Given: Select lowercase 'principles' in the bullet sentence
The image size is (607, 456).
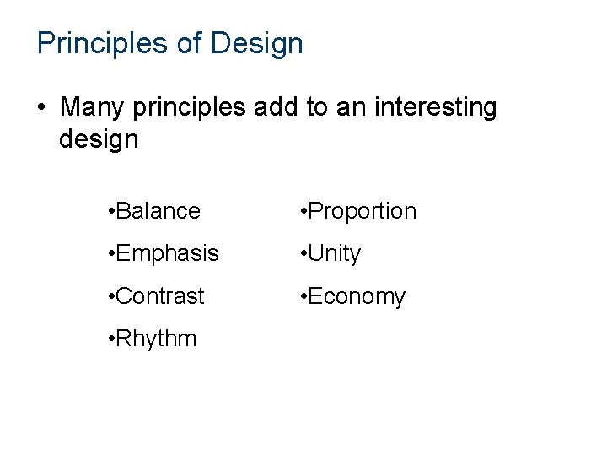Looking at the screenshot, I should pyautogui.click(x=193, y=108).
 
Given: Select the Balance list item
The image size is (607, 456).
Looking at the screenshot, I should pyautogui.click(x=158, y=211).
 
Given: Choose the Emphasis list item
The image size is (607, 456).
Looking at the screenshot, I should pyautogui.click(x=167, y=253).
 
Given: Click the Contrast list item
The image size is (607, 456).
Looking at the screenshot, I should pyautogui.click(x=160, y=296).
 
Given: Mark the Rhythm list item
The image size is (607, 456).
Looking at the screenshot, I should pyautogui.click(x=157, y=339).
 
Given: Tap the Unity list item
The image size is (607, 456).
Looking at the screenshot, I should pyautogui.click(x=335, y=253).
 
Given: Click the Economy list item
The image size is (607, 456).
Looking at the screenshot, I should pyautogui.click(x=357, y=296).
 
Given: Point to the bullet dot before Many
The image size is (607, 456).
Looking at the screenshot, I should pyautogui.click(x=41, y=109).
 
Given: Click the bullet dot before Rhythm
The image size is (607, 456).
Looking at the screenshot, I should pyautogui.click(x=111, y=339).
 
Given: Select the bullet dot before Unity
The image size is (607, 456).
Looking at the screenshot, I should pyautogui.click(x=304, y=254).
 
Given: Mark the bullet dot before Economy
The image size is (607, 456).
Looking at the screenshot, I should pyautogui.click(x=304, y=297).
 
